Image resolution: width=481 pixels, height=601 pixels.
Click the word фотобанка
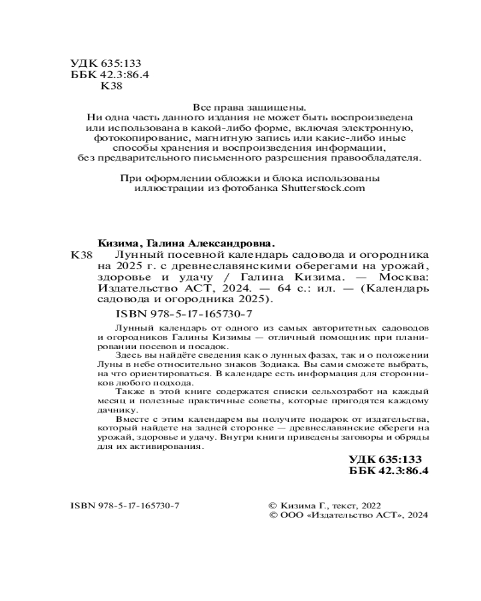point(248,188)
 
